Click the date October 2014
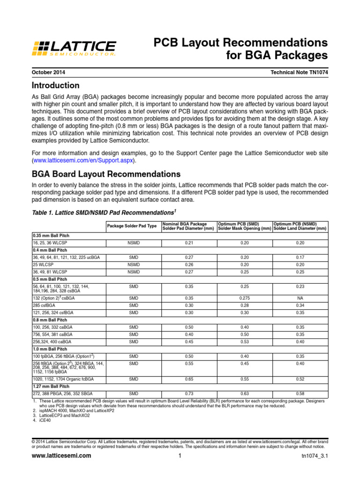(x=49, y=73)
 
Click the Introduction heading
(x=55, y=86)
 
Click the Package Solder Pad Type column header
(x=132, y=226)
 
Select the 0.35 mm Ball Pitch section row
(x=51, y=235)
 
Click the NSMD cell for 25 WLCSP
(x=134, y=265)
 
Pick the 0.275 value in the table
(x=244, y=298)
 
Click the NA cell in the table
(x=300, y=298)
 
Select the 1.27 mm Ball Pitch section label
(x=52, y=386)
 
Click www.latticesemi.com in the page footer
(x=61, y=456)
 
